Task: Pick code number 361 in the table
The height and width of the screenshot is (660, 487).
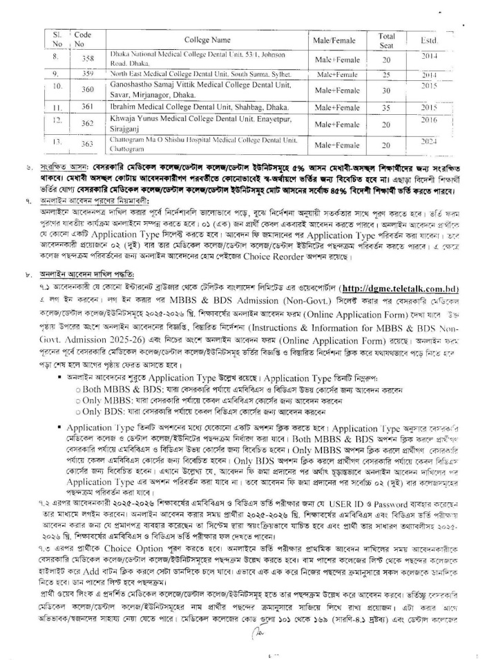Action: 82,107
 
